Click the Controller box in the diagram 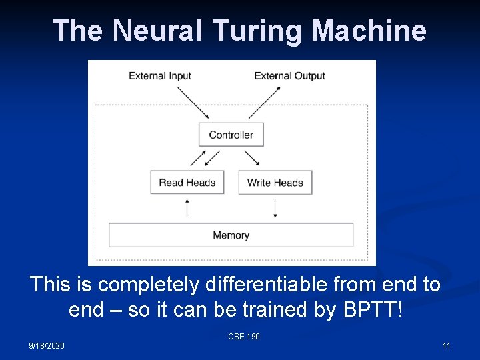[x=231, y=135]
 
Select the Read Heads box [x=187, y=183]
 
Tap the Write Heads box [x=275, y=183]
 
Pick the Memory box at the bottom [x=231, y=235]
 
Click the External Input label [x=160, y=75]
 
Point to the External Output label [x=289, y=75]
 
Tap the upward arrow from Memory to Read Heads [x=187, y=208]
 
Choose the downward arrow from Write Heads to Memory [x=275, y=208]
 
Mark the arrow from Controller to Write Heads [x=252, y=158]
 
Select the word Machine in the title [x=369, y=31]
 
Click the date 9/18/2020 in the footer [x=47, y=345]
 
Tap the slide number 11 [x=446, y=345]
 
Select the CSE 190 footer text [x=243, y=337]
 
